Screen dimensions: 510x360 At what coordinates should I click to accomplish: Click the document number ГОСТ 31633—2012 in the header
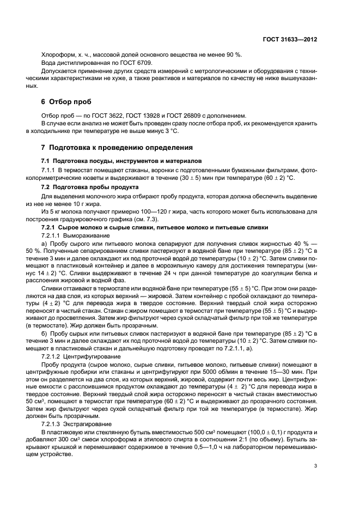click(290, 40)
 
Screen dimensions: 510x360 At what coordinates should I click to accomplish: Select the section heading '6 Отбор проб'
click(66, 102)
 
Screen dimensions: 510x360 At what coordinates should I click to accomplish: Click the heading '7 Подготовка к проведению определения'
click(118, 148)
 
